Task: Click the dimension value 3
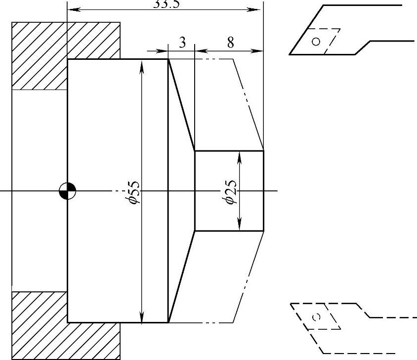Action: [x=182, y=43]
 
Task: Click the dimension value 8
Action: [x=230, y=43]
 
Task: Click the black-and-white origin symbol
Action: [x=67, y=191]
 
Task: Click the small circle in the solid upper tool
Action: [x=316, y=41]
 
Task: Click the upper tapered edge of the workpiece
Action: [x=181, y=105]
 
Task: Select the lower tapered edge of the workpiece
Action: [x=181, y=277]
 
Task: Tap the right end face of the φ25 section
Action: [x=263, y=191]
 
